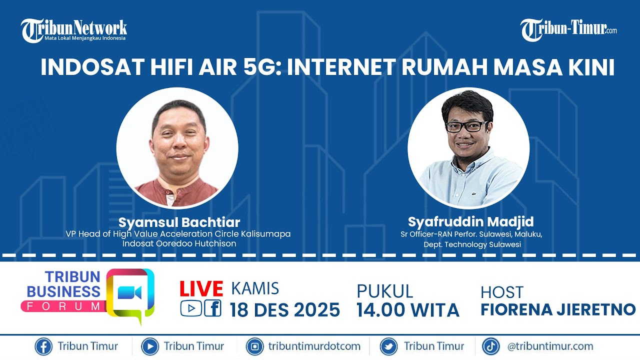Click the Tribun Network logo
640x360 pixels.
[x=73, y=30]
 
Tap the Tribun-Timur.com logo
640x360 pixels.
[x=568, y=30]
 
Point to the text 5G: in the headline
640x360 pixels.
[x=260, y=68]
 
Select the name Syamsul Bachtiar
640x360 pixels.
[x=179, y=222]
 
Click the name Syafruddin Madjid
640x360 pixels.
[x=470, y=221]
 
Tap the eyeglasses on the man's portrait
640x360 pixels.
[x=466, y=126]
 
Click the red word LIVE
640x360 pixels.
[x=201, y=289]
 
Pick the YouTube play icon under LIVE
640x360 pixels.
[x=190, y=308]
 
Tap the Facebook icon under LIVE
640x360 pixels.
[x=212, y=308]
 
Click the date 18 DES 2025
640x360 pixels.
[x=285, y=310]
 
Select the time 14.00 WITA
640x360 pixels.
[x=407, y=310]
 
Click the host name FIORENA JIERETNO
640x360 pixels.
[x=558, y=309]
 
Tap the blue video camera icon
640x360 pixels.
[x=129, y=293]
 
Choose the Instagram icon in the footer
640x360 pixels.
[x=255, y=346]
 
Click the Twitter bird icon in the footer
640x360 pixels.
[x=388, y=346]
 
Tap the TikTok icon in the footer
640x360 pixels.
[x=491, y=346]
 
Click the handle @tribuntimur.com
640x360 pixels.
[x=550, y=346]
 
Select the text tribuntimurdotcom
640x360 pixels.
[x=314, y=346]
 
